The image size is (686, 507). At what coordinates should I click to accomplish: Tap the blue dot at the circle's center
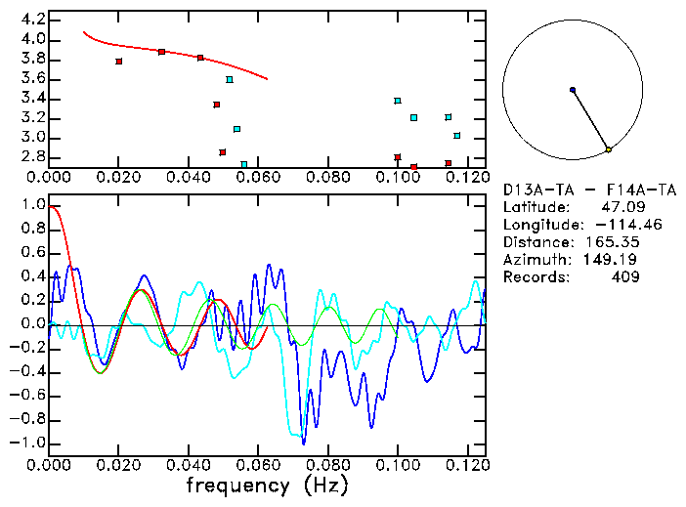tap(573, 90)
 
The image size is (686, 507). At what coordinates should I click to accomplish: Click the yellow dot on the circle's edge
tap(608, 149)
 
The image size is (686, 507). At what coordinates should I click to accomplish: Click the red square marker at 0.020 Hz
tap(118, 62)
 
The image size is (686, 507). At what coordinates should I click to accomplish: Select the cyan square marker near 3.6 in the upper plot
tap(230, 80)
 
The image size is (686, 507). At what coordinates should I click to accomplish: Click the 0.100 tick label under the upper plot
tap(398, 178)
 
